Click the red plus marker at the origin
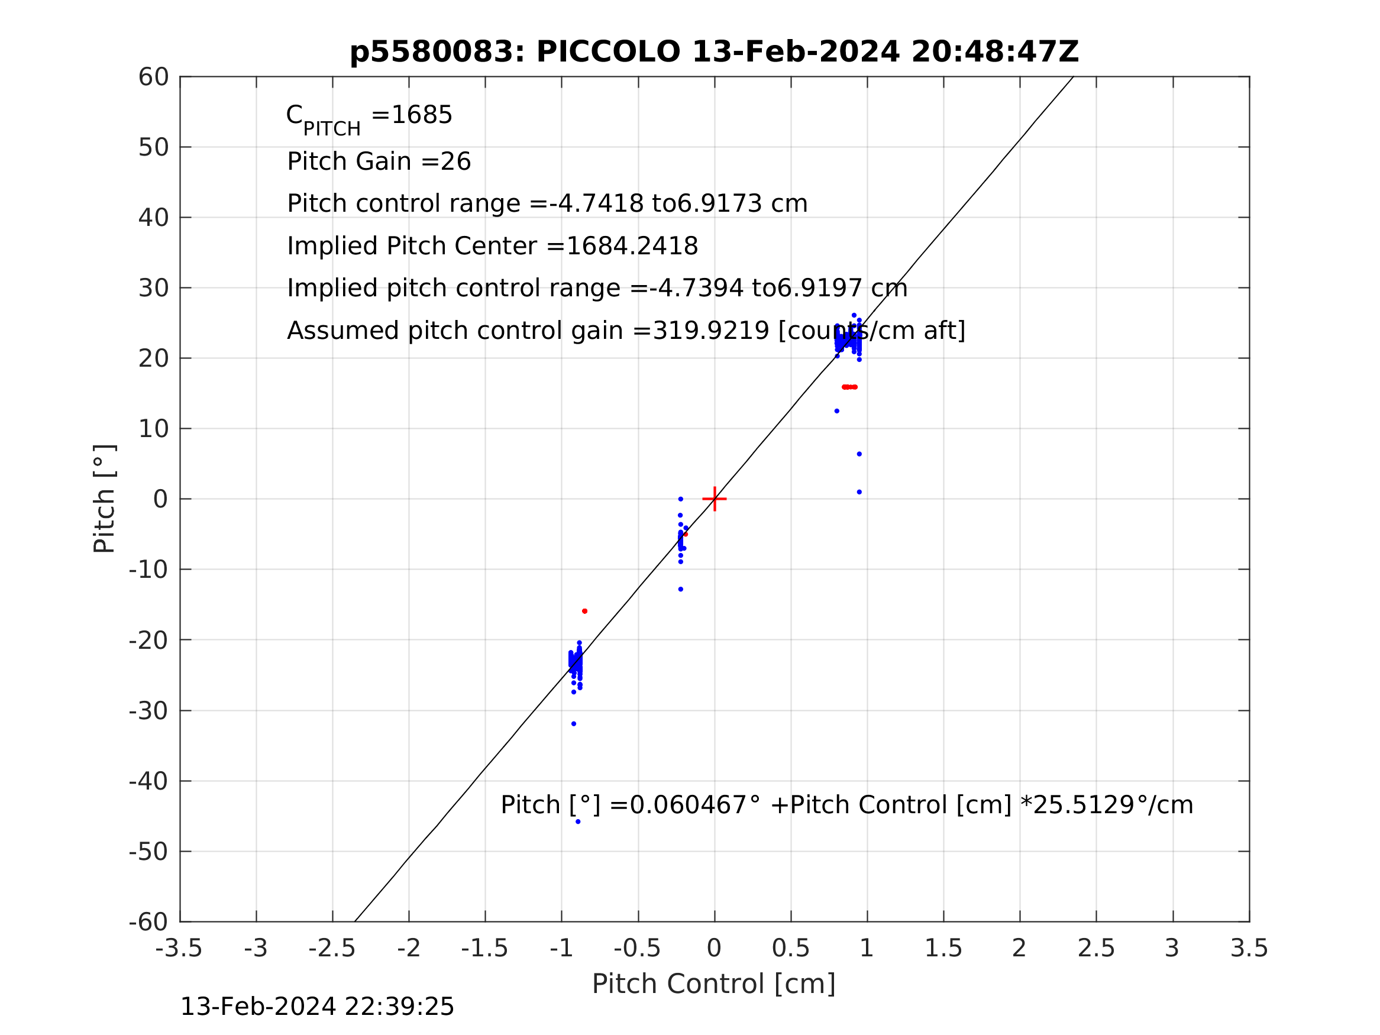pos(715,499)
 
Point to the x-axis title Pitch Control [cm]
pos(713,985)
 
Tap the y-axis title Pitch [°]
pos(104,499)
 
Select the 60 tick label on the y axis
pos(153,77)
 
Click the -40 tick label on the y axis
pos(148,781)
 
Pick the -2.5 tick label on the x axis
pos(332,949)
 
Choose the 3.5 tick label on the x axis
pos(1249,949)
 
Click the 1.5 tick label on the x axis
pos(943,949)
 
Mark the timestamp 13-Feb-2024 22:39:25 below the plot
pos(317,1007)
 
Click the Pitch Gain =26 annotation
pos(379,161)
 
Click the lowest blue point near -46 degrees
pos(578,821)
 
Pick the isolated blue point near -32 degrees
pos(573,724)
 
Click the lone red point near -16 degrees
pos(584,612)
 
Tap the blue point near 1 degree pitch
pos(859,492)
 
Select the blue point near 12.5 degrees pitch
pos(836,411)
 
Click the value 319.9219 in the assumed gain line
pos(710,331)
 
